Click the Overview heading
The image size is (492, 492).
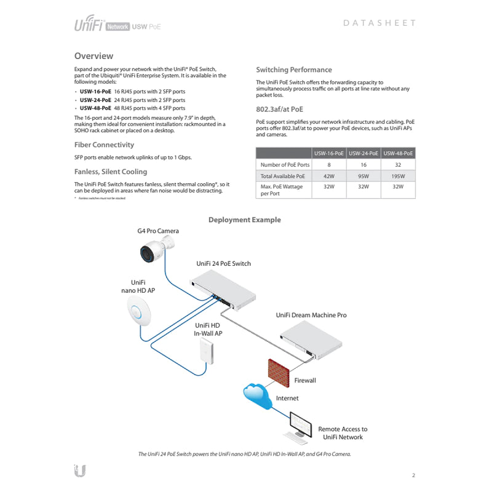93,56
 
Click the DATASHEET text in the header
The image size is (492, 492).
379,23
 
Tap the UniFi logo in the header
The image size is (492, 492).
89,25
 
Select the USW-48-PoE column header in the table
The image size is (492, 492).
398,153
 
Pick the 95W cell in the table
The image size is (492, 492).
363,176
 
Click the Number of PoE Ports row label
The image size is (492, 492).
285,165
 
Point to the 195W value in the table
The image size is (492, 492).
398,176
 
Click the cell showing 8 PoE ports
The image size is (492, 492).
328,165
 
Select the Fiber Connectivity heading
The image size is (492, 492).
104,145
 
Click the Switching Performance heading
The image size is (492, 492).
293,69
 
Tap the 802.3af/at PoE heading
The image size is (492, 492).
279,109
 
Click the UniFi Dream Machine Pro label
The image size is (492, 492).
311,315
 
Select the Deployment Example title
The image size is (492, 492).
244,220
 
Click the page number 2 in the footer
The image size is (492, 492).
413,475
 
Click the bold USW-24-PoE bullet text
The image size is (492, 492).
95,100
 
